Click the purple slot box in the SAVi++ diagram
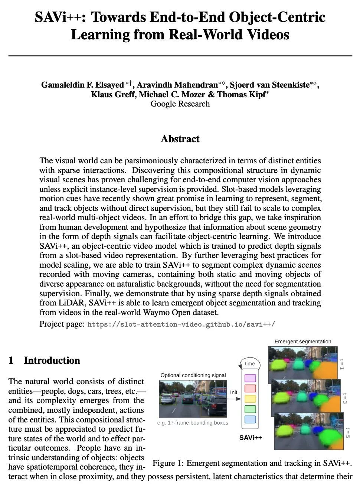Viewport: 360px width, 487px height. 251,378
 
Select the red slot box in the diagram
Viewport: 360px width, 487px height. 251,389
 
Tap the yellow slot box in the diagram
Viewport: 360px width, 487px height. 251,399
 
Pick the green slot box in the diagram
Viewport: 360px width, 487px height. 251,409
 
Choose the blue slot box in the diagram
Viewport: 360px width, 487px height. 251,419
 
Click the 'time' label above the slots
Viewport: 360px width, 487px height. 250,363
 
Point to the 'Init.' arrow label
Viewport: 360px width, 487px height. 234,392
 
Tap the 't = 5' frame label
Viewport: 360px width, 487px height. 347,433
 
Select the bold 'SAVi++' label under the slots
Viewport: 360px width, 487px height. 251,438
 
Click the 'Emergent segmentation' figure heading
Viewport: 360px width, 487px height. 303,341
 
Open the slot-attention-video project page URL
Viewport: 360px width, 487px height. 181,324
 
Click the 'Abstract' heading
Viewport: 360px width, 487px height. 180,139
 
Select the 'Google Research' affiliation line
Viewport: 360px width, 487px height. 180,104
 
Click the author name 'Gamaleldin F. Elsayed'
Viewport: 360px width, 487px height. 82,85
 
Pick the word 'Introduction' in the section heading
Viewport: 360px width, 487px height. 52,360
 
